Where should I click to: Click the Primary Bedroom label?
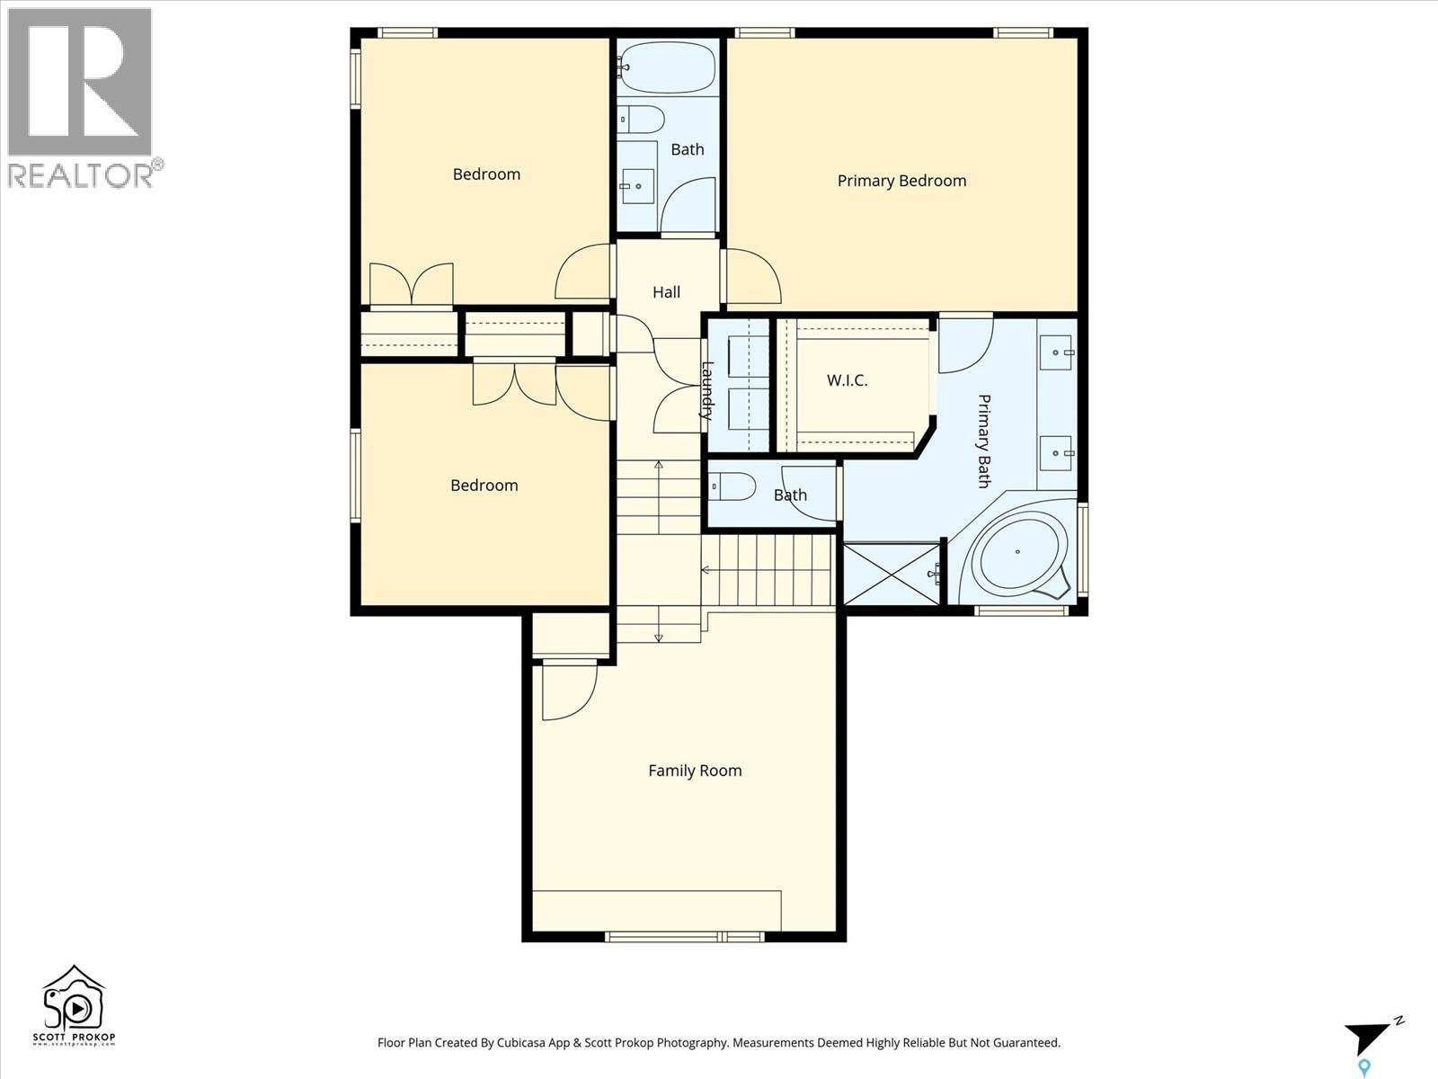point(901,181)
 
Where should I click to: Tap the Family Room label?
point(695,771)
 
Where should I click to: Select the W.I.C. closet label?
point(847,380)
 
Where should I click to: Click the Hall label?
point(666,292)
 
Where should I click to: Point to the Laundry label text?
point(707,390)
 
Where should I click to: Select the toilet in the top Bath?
point(642,119)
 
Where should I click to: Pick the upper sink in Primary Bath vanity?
point(1057,352)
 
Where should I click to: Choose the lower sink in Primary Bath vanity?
point(1057,453)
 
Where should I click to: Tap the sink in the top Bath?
point(637,186)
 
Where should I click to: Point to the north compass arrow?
point(1368,1038)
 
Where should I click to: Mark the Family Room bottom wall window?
point(685,937)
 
